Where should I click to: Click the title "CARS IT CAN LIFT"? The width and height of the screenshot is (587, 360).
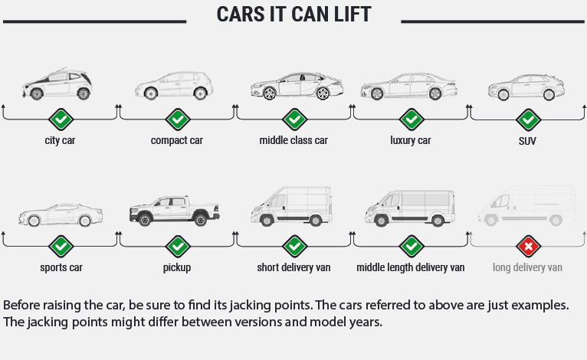293,15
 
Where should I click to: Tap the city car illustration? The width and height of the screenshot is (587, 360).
58,83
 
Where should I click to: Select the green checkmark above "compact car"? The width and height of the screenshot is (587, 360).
177,119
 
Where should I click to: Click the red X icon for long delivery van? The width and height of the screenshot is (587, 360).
527,247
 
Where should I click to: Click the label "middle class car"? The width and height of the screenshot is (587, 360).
293,140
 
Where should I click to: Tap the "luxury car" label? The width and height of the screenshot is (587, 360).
411,140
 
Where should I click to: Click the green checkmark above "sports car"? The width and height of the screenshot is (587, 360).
61,247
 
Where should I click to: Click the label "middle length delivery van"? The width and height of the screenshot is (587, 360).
411,267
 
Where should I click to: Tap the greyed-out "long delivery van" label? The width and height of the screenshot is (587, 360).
527,267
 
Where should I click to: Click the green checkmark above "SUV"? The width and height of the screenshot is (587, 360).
527,119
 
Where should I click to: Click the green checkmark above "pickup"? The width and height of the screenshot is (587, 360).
177,247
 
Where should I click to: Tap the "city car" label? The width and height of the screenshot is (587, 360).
60,140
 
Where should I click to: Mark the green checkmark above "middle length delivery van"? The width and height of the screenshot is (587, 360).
411,247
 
